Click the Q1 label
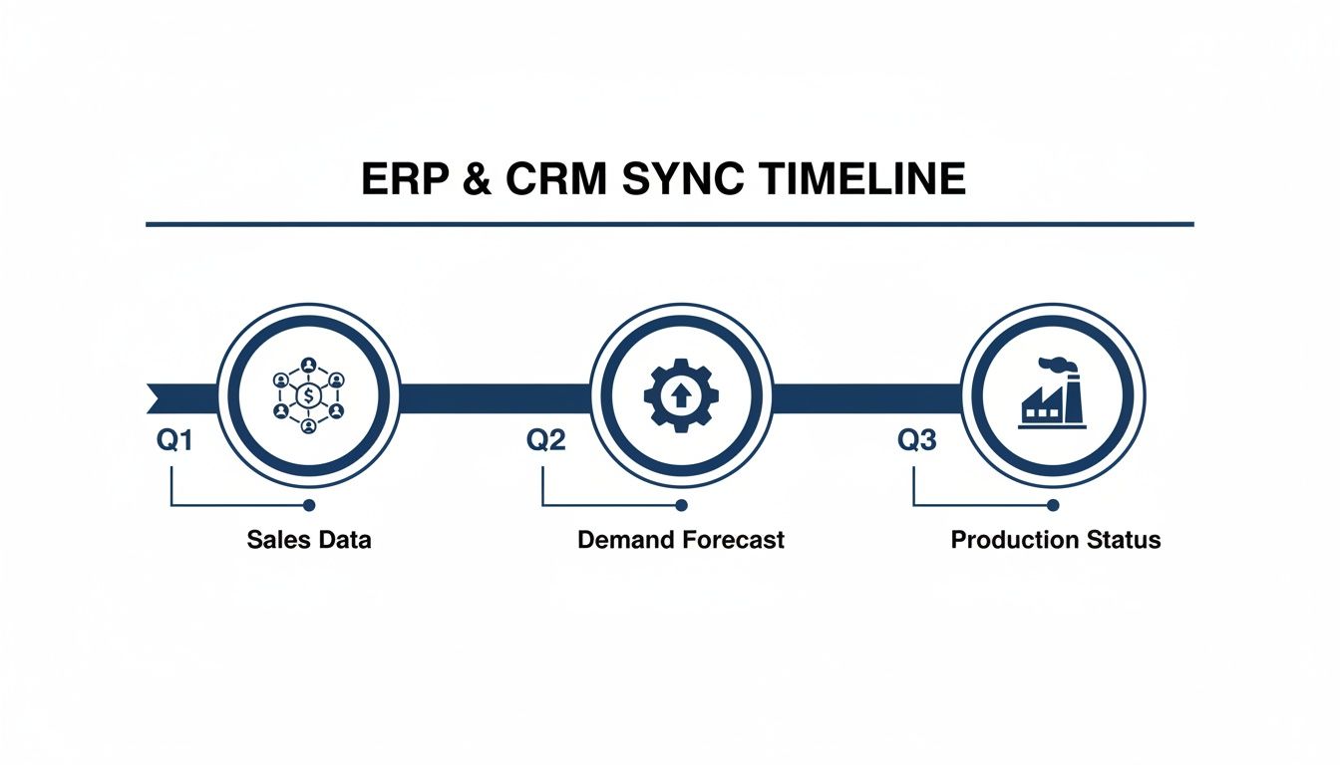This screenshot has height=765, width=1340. point(174,440)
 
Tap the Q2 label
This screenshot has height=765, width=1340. point(545,440)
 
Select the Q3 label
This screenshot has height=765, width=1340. point(917,440)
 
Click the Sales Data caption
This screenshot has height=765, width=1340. point(309,540)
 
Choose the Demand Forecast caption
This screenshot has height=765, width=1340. point(681,540)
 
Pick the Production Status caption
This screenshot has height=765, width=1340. point(1056,540)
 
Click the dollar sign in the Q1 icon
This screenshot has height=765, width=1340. point(309,396)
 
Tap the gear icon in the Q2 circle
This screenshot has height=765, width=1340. point(681,396)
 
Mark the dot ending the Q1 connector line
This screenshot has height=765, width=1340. point(309,505)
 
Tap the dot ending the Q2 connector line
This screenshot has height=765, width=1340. point(681,505)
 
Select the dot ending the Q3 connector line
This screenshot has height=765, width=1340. point(1052,505)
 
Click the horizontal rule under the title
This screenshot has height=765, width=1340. point(670,224)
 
